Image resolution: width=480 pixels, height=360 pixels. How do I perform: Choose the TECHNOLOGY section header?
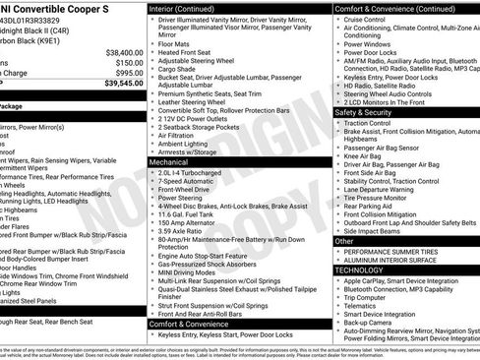tap(359, 270)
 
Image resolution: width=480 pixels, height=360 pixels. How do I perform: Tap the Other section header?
tap(344, 240)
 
